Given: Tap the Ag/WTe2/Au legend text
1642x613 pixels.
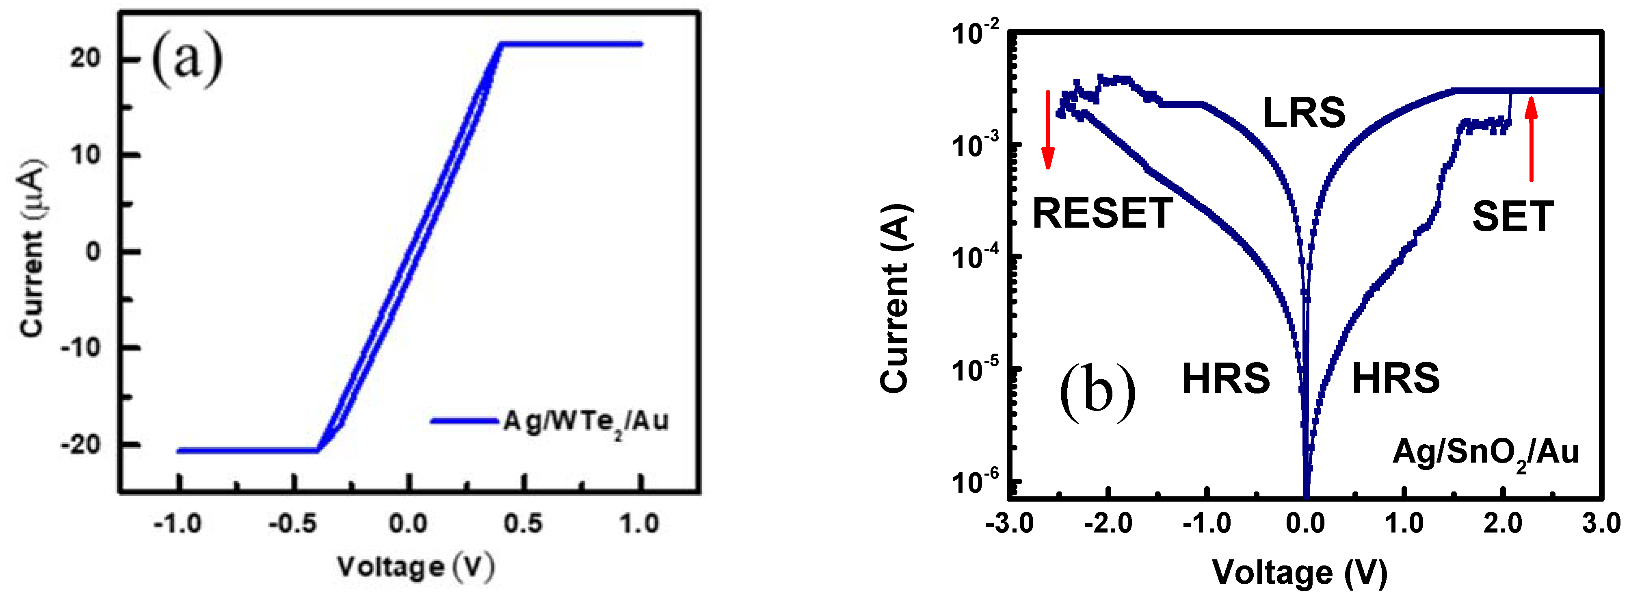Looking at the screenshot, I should [x=585, y=422].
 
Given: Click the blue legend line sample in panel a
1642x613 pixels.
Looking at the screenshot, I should [x=463, y=421].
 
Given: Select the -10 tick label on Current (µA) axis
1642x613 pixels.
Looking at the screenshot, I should [x=80, y=348].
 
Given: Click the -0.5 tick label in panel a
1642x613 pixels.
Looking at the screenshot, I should [x=292, y=524].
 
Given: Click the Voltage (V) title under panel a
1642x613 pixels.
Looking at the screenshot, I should [x=415, y=566].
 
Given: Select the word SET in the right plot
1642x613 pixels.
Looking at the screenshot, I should [x=1512, y=217].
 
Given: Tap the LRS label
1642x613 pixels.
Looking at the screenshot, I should [x=1304, y=113].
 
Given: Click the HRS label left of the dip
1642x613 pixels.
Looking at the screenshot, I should [x=1225, y=378].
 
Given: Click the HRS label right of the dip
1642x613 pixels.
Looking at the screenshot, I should [x=1395, y=378].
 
